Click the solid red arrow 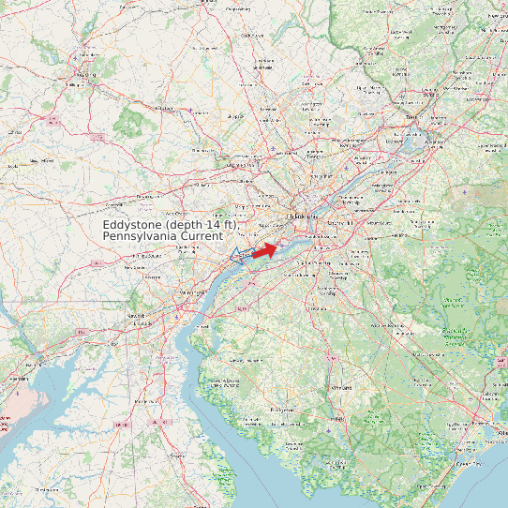(x=265, y=250)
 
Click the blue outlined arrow (x=241, y=254)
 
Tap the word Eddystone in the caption (x=132, y=227)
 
